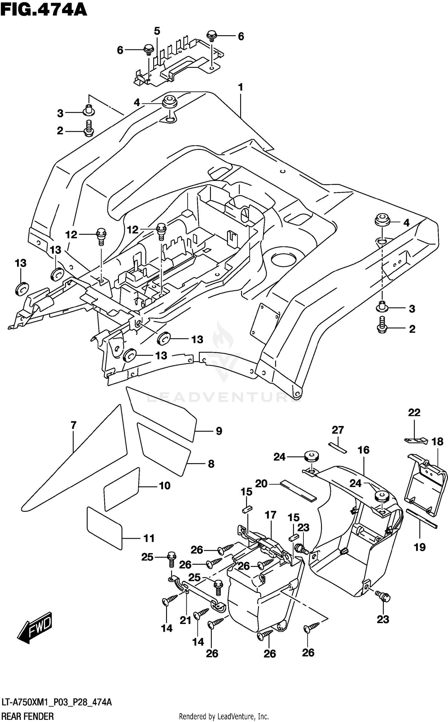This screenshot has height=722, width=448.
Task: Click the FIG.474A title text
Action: pos(44,10)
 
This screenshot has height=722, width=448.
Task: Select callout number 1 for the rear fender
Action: pos(240,87)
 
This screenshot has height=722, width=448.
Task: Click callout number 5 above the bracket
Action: pos(157,31)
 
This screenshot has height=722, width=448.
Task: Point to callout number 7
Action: pos(73,425)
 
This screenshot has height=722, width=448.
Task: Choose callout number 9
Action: pos(219,431)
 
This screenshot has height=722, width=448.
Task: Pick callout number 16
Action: pos(363,450)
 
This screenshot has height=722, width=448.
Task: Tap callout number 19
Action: pos(420,547)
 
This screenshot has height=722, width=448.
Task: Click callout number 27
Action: pos(338,430)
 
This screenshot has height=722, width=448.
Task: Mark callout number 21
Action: pos(185,620)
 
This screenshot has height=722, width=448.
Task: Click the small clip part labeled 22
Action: pos(416,440)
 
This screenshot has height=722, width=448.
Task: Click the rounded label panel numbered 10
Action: pos(121,489)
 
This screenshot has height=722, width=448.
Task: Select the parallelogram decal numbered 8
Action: pos(164,449)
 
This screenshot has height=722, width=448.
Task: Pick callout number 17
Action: pos(270,515)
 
